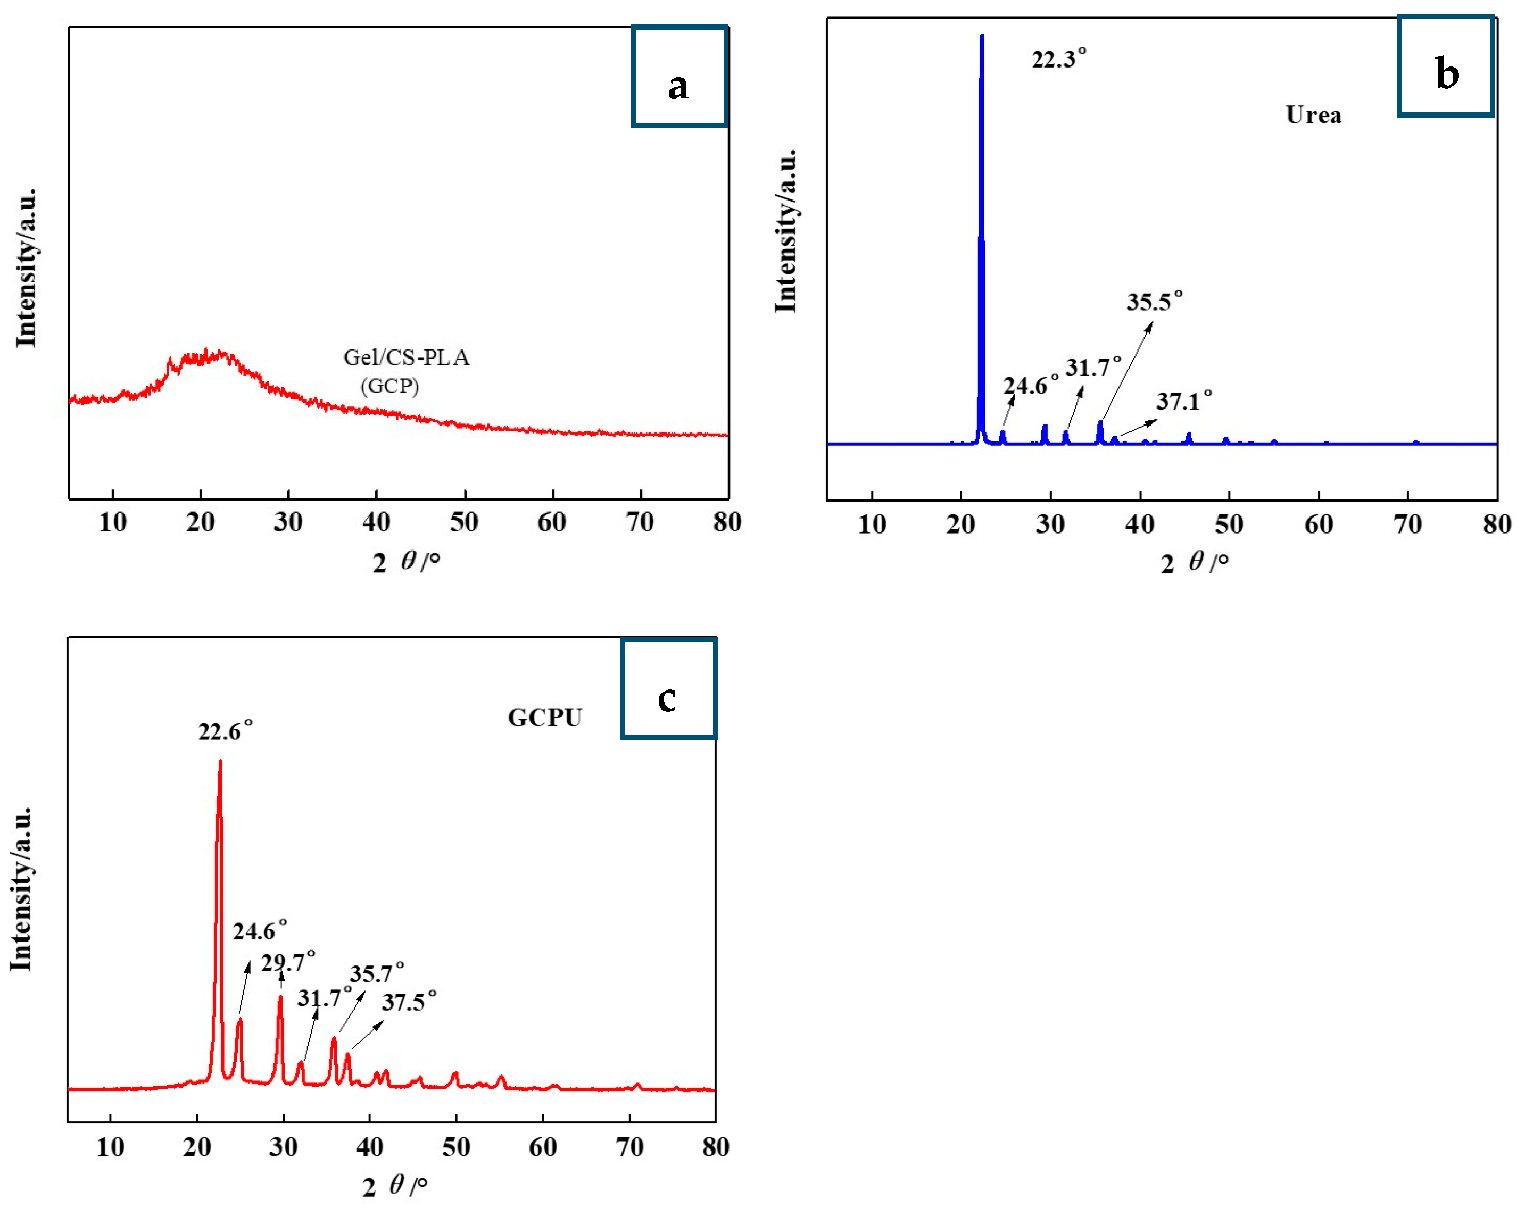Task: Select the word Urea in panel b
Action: click(1314, 114)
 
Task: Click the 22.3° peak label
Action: click(1059, 59)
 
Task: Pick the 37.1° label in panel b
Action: click(1184, 402)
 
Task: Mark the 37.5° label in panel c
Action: click(409, 1002)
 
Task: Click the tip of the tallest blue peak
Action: click(982, 35)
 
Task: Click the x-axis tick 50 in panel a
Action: click(464, 522)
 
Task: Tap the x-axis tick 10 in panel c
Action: click(110, 1146)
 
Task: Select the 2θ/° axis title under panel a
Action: click(406, 562)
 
